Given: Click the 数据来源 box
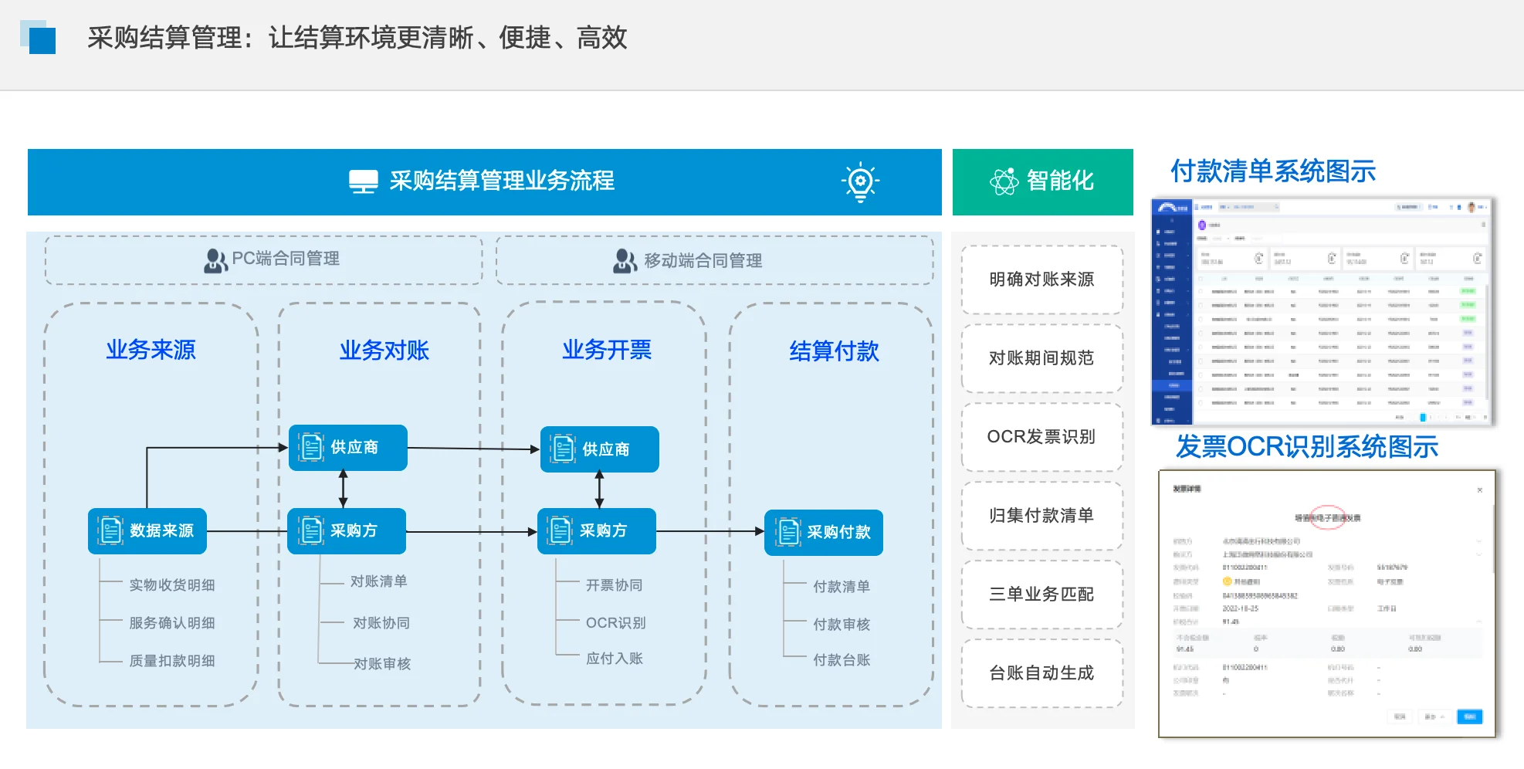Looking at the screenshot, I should pos(147,531).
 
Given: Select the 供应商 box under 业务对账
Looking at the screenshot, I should pos(347,448).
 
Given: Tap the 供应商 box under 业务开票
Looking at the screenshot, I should pos(599,449).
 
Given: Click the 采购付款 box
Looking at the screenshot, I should pos(823,533).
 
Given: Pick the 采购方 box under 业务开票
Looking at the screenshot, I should pos(596,531).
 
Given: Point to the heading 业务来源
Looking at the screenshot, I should pos(151,350).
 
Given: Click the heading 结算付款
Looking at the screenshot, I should pos(834,351).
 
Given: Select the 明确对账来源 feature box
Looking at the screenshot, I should pos(1041,279).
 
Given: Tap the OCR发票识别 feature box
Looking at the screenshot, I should pos(1041,437).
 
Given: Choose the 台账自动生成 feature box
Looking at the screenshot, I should pos(1041,673).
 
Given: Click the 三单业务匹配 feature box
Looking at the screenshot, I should pos(1041,595).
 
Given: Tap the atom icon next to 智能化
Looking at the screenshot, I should pos(1004,181).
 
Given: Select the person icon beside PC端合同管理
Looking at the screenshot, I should pos(215,260).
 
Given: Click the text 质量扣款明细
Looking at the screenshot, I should pos(171,661).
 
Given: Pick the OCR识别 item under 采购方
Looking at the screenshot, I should pos(615,623).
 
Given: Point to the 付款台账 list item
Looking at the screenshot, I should pos(841,660).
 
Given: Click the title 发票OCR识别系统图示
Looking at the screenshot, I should pos(1306,447).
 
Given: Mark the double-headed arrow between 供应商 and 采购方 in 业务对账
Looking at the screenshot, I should pos(344,489).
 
